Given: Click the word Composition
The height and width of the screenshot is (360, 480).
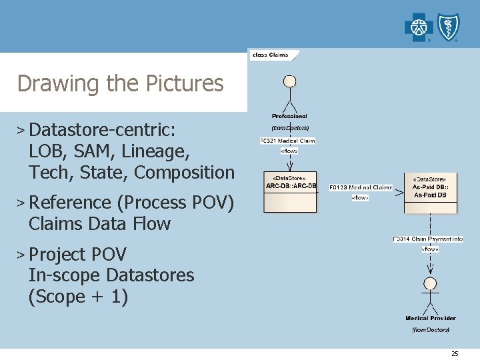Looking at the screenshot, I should click(185, 172).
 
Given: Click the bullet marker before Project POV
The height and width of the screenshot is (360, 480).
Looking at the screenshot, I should click(22, 255).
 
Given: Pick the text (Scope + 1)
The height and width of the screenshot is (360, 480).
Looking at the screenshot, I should click(78, 296).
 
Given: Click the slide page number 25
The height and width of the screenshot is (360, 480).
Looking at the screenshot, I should click(455, 353).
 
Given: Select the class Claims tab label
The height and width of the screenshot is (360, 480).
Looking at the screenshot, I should click(270, 55).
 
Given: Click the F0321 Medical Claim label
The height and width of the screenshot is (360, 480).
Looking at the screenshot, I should click(287, 141).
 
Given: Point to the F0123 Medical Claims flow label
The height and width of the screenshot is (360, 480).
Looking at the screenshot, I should click(361, 188).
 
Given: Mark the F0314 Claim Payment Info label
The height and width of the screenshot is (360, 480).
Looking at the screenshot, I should click(427, 239).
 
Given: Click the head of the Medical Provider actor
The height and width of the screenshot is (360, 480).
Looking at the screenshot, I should click(430, 283).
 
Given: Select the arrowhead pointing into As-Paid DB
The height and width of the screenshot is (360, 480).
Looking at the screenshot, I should click(399, 193).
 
